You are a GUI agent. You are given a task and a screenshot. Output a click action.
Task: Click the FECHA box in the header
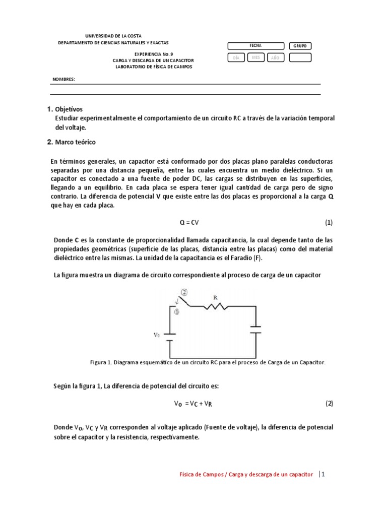(255, 46)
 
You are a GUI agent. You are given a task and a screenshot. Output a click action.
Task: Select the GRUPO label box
(300, 46)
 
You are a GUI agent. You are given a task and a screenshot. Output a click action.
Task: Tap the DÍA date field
(236, 58)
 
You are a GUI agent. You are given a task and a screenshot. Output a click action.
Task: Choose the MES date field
(255, 58)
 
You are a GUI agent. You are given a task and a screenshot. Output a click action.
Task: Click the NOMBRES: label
(63, 79)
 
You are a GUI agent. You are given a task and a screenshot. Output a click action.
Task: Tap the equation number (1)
(329, 222)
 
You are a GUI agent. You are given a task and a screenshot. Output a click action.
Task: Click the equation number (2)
(329, 404)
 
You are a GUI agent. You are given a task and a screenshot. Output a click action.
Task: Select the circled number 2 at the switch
(185, 292)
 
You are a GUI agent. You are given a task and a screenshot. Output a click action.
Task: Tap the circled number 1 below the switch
(177, 312)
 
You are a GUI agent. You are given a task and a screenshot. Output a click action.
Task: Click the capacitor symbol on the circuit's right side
(256, 330)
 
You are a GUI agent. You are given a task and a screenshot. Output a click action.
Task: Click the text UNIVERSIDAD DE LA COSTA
(113, 36)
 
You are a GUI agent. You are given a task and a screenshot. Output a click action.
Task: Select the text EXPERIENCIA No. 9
(153, 53)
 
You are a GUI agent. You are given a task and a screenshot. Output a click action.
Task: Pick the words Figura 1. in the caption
(101, 362)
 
